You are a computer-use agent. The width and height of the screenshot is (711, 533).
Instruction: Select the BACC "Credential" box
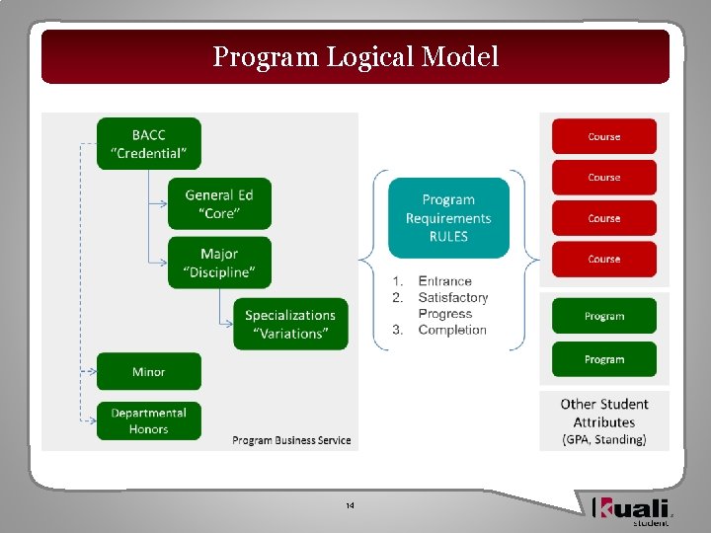[x=148, y=144]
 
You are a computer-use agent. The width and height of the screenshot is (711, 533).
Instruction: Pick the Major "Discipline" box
[x=219, y=263]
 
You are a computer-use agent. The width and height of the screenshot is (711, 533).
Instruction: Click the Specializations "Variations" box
[x=290, y=324]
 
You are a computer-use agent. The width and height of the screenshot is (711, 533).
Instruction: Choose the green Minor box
[x=148, y=372]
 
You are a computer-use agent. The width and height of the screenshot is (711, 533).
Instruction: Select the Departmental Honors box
[x=148, y=420]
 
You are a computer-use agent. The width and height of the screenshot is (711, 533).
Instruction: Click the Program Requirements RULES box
[x=448, y=218]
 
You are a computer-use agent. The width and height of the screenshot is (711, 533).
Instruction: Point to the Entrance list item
[x=444, y=281]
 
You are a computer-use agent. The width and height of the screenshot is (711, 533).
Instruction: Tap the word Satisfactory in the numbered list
[x=452, y=297]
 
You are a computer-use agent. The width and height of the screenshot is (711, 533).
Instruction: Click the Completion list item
[x=452, y=330]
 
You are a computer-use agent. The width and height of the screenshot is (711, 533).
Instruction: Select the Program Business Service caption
[x=291, y=440]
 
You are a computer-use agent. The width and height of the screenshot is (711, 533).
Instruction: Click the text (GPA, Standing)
[x=603, y=439]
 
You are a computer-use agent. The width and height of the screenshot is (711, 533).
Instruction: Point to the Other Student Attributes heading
[x=603, y=413]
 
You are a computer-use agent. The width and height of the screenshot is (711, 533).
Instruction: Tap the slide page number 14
[x=350, y=506]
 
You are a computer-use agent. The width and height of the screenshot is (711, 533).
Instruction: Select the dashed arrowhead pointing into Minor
[x=91, y=372]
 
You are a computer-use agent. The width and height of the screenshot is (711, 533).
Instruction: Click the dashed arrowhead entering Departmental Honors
[x=91, y=420]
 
